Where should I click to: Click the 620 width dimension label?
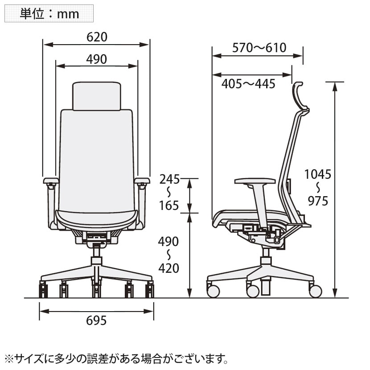pyautogui.click(x=97, y=37)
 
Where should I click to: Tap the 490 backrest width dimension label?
pyautogui.click(x=96, y=59)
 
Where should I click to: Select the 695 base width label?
pyautogui.click(x=96, y=321)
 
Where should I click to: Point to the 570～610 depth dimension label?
pyautogui.click(x=259, y=48)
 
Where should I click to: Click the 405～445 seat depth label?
pyautogui.click(x=248, y=84)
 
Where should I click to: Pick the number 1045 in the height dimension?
pyautogui.click(x=317, y=174)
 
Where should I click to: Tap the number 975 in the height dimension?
pyautogui.click(x=318, y=201)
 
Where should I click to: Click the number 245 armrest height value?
pyautogui.click(x=169, y=179)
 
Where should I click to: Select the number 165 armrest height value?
pyautogui.click(x=169, y=206)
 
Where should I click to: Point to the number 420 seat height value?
pyautogui.click(x=169, y=268)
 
